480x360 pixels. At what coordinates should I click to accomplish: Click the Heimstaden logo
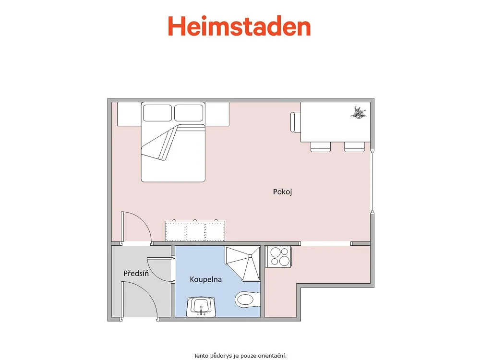[240, 26]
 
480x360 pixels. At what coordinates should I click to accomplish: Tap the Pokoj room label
[282, 192]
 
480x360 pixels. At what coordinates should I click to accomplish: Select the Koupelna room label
[206, 279]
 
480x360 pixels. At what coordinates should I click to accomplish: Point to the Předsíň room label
[136, 273]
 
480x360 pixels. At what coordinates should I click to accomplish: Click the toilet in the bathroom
[247, 299]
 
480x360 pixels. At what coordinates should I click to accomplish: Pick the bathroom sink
[201, 307]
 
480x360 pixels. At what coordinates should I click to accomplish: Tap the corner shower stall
[243, 263]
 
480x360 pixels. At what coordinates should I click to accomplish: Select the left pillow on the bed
[157, 113]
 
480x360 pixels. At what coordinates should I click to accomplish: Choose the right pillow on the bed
[189, 113]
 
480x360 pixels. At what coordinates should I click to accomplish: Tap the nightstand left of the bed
[129, 114]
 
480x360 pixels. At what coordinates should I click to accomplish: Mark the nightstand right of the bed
[217, 114]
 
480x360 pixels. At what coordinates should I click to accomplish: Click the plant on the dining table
[359, 112]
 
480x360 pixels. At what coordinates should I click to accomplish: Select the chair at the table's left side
[295, 122]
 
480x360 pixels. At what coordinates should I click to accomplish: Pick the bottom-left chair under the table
[321, 147]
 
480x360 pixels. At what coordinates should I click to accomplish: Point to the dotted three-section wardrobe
[195, 231]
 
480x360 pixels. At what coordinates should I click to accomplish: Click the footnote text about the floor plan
[240, 355]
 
